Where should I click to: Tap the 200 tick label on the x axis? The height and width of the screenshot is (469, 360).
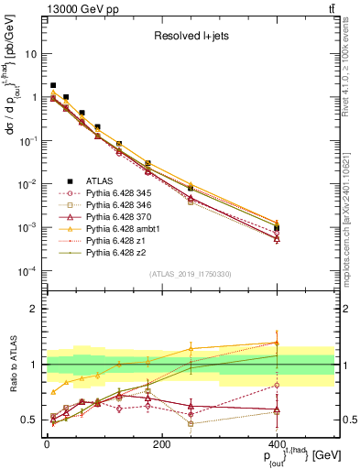(x=162, y=444)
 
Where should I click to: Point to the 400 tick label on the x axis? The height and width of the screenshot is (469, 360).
(x=277, y=444)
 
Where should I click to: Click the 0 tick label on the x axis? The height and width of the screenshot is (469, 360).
(x=47, y=444)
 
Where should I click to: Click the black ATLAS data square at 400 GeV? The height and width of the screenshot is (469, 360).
(x=277, y=228)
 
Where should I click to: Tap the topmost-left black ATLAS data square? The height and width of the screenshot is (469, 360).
(x=53, y=85)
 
